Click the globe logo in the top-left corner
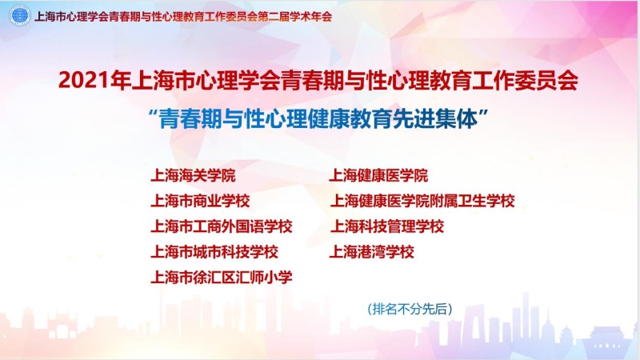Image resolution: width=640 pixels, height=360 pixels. click(19, 16)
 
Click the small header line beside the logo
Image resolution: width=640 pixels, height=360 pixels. click(183, 17)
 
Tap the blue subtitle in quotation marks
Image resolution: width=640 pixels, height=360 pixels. click(318, 118)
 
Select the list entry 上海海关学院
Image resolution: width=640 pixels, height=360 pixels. click(193, 175)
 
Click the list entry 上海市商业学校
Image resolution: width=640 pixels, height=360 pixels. click(200, 201)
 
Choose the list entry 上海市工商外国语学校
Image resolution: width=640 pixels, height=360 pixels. click(222, 226)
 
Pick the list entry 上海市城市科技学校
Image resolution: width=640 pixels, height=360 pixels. click(214, 252)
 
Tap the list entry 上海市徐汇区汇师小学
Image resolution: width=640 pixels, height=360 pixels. click(222, 278)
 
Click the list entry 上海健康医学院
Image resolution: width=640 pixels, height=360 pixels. click(378, 175)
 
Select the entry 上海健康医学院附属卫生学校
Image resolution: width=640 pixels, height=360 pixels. click(422, 201)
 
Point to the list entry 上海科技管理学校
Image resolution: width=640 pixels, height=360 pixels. click(387, 226)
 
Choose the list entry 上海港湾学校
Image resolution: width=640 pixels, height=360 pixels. click(372, 252)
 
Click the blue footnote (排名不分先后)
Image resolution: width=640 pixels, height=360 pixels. click(410, 309)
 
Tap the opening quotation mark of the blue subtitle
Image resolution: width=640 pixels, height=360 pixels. click(154, 114)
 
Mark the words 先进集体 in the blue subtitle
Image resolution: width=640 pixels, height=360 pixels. click(434, 119)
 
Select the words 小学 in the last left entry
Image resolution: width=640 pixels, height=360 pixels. click(278, 278)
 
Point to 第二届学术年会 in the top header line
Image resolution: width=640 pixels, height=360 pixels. click(295, 17)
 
